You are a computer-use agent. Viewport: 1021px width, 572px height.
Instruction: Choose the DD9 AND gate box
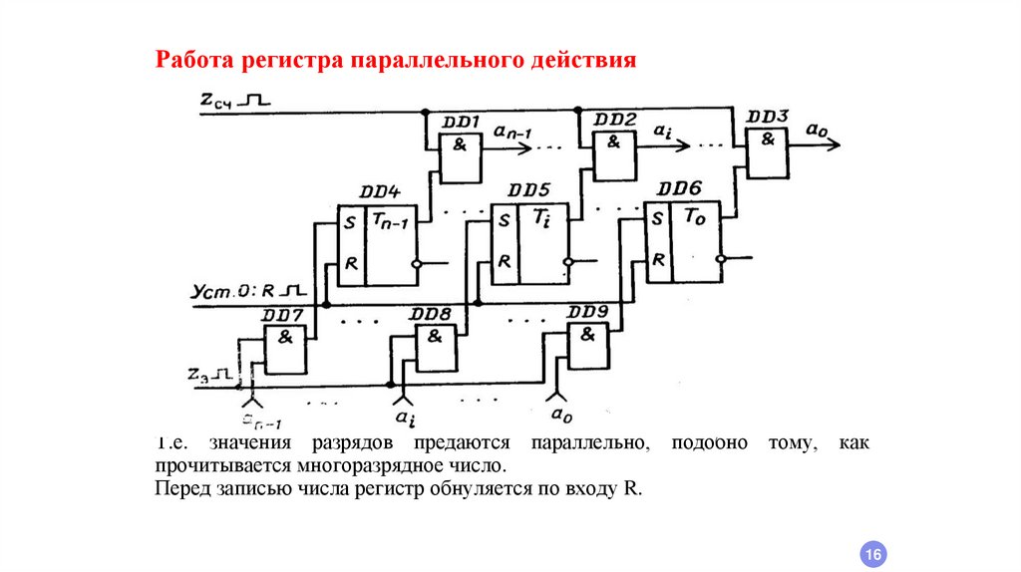point(588,346)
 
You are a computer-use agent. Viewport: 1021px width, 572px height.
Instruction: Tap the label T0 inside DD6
point(694,218)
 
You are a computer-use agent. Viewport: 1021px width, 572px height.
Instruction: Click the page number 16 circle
point(872,553)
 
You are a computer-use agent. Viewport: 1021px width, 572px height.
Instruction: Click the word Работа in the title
point(193,61)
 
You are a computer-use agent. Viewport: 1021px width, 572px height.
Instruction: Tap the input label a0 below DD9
point(561,412)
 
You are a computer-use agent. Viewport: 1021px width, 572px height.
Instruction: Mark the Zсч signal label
point(219,99)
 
